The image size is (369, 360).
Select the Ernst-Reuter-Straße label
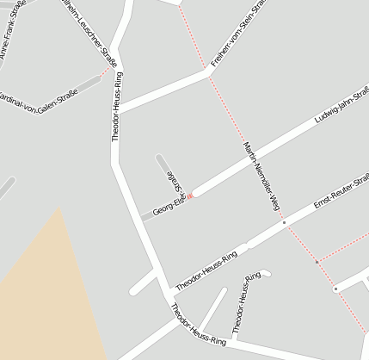click(x=341, y=191)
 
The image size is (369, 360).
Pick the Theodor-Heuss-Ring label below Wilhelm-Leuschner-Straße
click(x=116, y=106)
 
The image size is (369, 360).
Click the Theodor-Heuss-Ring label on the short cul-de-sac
click(x=245, y=301)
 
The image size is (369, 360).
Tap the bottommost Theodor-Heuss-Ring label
click(x=198, y=326)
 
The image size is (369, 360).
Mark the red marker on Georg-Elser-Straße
click(x=191, y=196)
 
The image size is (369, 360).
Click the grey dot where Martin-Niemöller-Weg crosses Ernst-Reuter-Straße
click(x=284, y=222)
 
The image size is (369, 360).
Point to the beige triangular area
click(x=52, y=293)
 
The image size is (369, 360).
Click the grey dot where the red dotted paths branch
click(x=317, y=261)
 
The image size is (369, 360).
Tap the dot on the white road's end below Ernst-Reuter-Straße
click(x=336, y=289)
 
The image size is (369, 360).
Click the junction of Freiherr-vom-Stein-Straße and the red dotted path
click(x=209, y=73)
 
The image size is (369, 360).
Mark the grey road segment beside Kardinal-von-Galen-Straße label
click(x=89, y=84)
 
